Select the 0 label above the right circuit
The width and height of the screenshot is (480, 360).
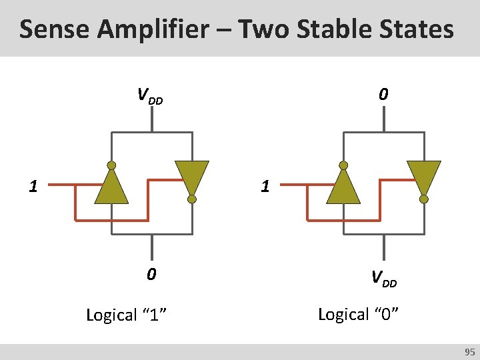tap(382, 95)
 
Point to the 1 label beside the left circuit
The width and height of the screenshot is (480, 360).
tap(33, 186)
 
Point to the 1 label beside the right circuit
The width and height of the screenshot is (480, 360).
tap(265, 186)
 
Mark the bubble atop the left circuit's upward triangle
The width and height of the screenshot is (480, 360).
tap(111, 165)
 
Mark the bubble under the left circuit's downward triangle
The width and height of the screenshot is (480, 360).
tap(192, 199)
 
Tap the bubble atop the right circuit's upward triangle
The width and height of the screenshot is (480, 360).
tap(343, 165)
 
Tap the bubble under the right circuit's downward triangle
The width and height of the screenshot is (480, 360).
tap(424, 199)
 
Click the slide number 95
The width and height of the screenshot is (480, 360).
tap(469, 351)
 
